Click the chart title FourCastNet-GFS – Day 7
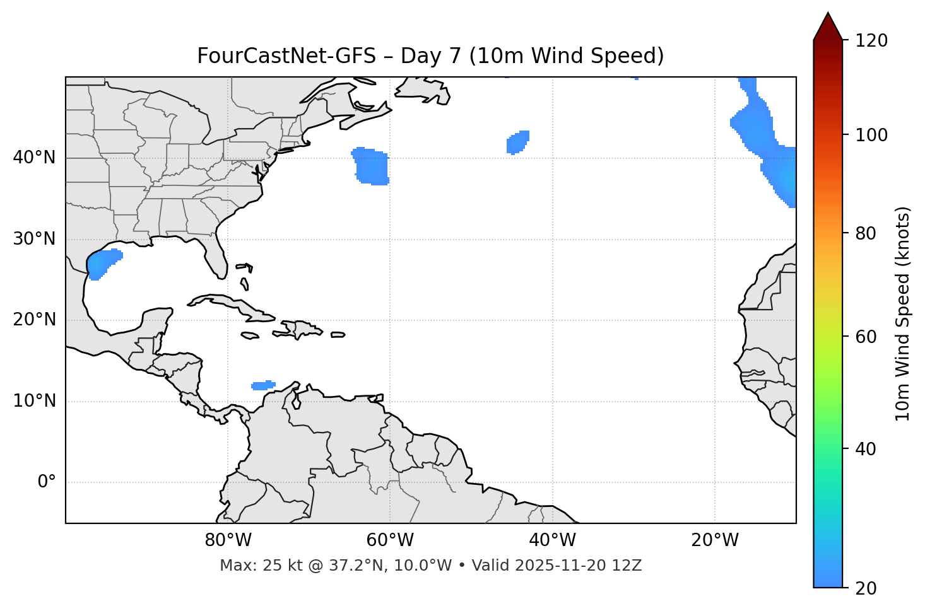430,56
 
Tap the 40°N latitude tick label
34,158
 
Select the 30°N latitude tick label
34,239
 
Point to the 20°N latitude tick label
34,320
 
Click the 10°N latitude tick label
34,401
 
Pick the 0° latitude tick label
47,482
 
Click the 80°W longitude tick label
228,540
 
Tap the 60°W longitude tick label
390,540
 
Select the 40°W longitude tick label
553,540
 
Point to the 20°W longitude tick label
715,540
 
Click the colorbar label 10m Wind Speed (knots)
903,313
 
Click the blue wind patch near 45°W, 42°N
518,143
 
